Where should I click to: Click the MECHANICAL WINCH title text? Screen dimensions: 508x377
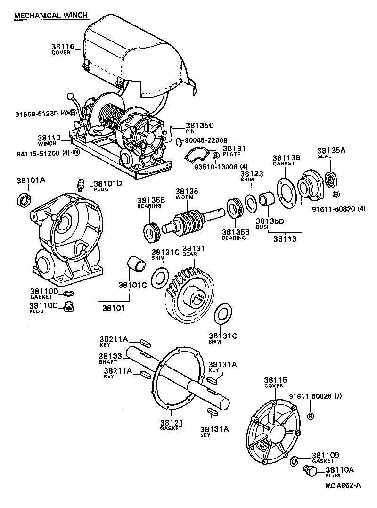51,16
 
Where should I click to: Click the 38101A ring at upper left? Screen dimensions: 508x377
24,200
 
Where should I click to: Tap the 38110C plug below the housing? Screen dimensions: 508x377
70,309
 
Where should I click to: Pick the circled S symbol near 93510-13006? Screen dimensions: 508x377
215,156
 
